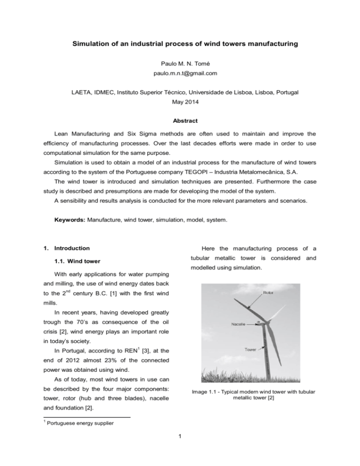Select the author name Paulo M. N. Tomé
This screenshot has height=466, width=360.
(180, 61)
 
